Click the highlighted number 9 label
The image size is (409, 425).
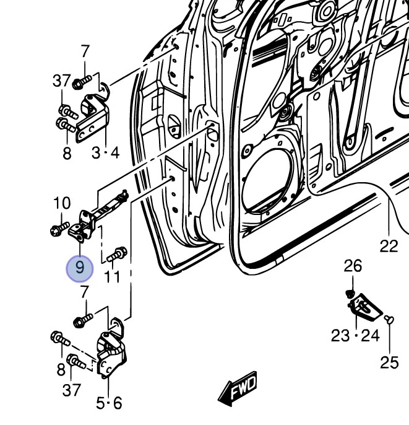pos(79,268)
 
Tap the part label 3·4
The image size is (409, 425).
pos(105,152)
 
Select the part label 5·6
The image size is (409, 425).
pos(109,403)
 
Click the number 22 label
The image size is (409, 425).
pos(389,246)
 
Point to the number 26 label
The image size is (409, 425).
pos(353,267)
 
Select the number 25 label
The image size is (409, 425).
pos(389,362)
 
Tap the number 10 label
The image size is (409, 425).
pos(62,203)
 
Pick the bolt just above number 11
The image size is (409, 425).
pos(117,254)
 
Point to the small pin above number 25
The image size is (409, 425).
pos(388,319)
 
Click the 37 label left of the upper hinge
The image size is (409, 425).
pos(62,81)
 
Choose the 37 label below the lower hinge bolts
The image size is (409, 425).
pos(72,390)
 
